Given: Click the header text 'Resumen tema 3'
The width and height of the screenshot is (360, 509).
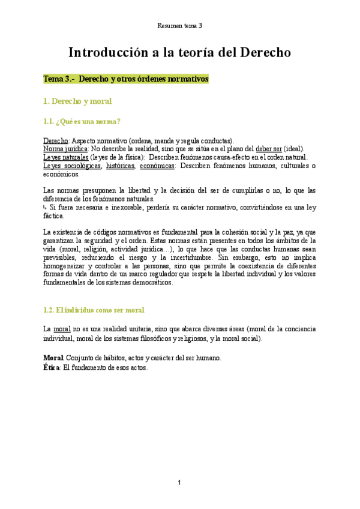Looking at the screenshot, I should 179,26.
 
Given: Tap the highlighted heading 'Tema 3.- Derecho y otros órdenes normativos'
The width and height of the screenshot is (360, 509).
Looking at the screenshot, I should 125,79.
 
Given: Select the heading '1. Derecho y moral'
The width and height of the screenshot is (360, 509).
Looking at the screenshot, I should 77,101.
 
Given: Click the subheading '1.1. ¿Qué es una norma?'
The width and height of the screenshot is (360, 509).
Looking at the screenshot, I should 82,122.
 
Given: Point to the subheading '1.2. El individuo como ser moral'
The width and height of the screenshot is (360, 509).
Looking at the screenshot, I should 94,310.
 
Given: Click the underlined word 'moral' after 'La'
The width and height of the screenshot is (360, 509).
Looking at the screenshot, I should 62,330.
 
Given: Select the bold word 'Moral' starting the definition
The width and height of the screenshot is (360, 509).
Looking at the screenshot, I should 53,358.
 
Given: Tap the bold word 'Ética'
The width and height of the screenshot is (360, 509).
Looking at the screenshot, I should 52,367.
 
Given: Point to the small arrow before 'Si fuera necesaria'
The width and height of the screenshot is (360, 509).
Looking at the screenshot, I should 45,207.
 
